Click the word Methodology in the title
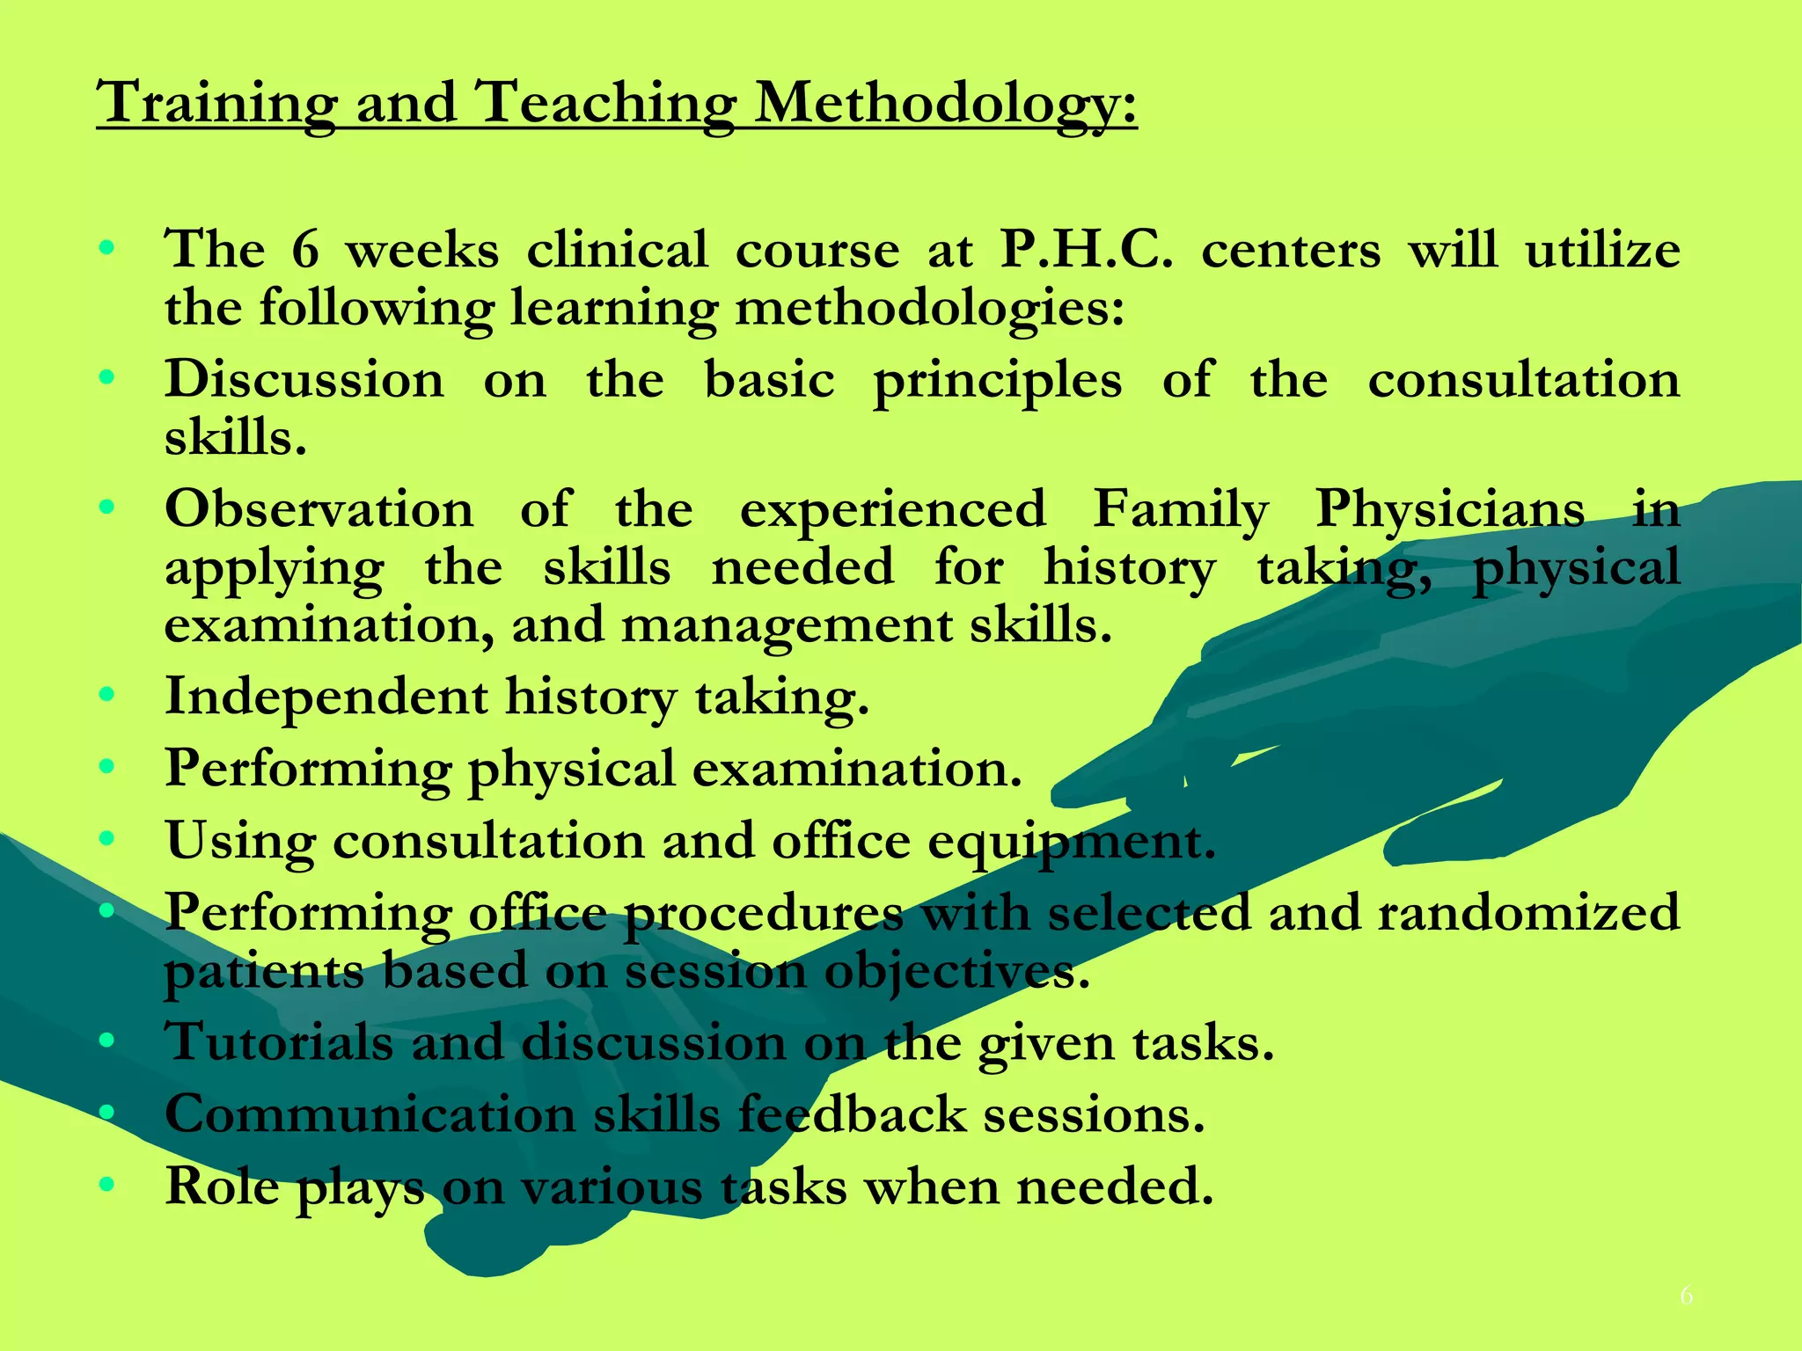[x=946, y=103]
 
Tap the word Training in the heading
[x=216, y=103]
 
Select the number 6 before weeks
[x=304, y=250]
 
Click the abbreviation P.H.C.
[x=1087, y=250]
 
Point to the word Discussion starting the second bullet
[x=304, y=380]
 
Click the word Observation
[x=319, y=509]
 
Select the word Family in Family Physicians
[x=1181, y=509]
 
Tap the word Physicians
[x=1450, y=509]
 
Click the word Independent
[x=326, y=697]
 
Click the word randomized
[x=1528, y=912]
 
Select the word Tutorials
[x=278, y=1042]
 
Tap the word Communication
[x=370, y=1114]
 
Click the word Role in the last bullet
[x=222, y=1186]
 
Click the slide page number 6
[x=1686, y=1296]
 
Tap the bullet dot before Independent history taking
[x=107, y=696]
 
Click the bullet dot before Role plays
[x=107, y=1185]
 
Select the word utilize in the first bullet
[x=1602, y=250]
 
